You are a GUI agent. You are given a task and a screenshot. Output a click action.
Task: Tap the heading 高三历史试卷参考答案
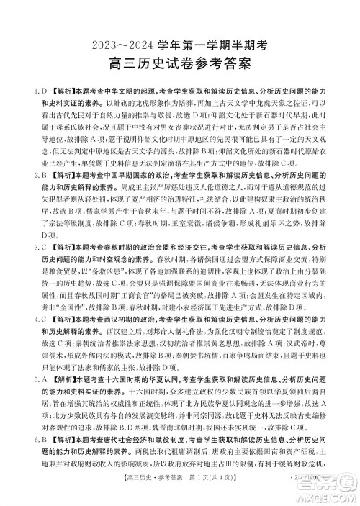(179, 65)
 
